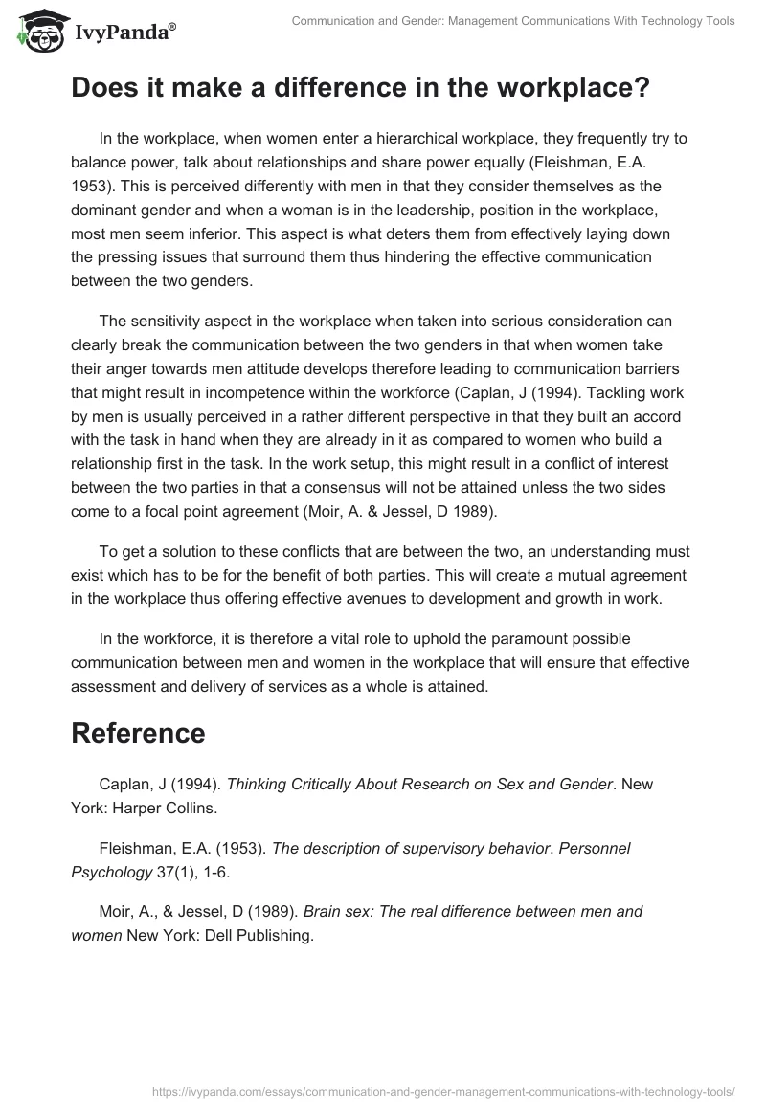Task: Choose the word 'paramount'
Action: point(525,639)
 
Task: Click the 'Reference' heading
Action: point(138,733)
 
